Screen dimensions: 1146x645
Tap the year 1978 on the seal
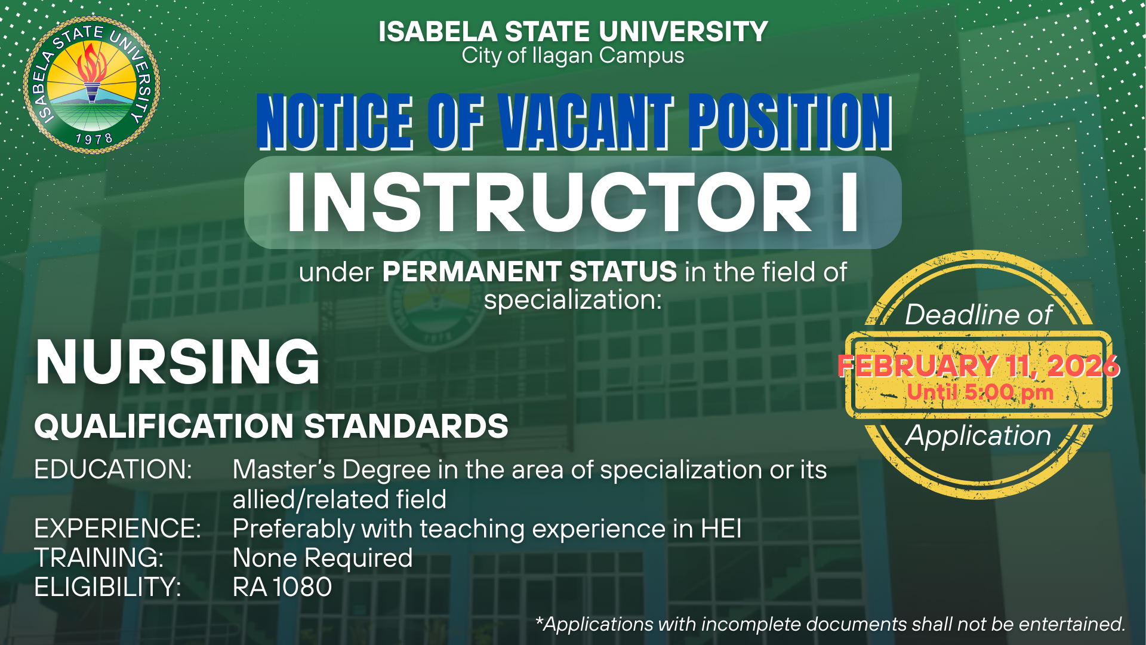pyautogui.click(x=94, y=139)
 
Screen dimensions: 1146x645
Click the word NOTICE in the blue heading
pyautogui.click(x=335, y=122)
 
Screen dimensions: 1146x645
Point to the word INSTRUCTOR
pyautogui.click(x=549, y=203)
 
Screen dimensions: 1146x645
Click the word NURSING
pyautogui.click(x=178, y=362)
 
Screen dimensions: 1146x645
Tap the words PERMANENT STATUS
pyautogui.click(x=529, y=272)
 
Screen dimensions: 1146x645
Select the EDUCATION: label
pyautogui.click(x=113, y=469)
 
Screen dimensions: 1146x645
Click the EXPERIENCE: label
pyautogui.click(x=118, y=529)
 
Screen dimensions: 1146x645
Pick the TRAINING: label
pyautogui.click(x=99, y=558)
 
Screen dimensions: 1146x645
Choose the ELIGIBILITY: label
pyautogui.click(x=107, y=587)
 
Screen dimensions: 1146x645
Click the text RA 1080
pyautogui.click(x=282, y=587)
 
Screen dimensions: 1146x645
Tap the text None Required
pyautogui.click(x=323, y=558)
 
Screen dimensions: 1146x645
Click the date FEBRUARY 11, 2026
pyautogui.click(x=979, y=365)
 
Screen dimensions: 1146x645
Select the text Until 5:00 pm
pyautogui.click(x=980, y=392)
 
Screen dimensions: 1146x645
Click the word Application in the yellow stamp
pyautogui.click(x=978, y=436)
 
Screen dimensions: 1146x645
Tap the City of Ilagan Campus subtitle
pyautogui.click(x=573, y=56)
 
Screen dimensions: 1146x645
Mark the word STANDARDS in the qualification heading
pyautogui.click(x=406, y=426)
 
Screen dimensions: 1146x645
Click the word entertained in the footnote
pyautogui.click(x=1072, y=624)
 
